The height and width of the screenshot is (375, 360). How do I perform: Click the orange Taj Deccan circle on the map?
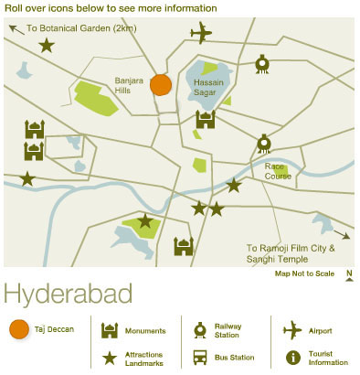click(x=161, y=85)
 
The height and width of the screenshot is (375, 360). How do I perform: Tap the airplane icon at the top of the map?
click(x=201, y=35)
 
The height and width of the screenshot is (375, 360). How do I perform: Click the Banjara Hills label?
click(x=130, y=86)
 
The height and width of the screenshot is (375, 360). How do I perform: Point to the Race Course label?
click(x=278, y=171)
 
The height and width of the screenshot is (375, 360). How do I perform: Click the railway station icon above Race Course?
click(x=263, y=143)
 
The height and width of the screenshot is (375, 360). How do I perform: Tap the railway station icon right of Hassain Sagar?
click(x=262, y=63)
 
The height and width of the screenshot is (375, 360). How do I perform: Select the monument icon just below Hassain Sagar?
click(x=206, y=119)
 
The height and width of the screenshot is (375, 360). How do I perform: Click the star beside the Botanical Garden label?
click(x=46, y=45)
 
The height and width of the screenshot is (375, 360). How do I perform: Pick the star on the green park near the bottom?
click(x=144, y=220)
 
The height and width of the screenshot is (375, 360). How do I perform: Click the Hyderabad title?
click(x=68, y=295)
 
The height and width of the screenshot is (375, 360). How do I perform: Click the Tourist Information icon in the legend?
click(x=292, y=357)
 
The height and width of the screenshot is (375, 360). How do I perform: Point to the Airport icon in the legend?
click(x=292, y=329)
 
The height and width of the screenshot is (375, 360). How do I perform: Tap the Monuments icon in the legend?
click(x=110, y=329)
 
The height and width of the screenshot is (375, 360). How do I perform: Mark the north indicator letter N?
click(x=349, y=273)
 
